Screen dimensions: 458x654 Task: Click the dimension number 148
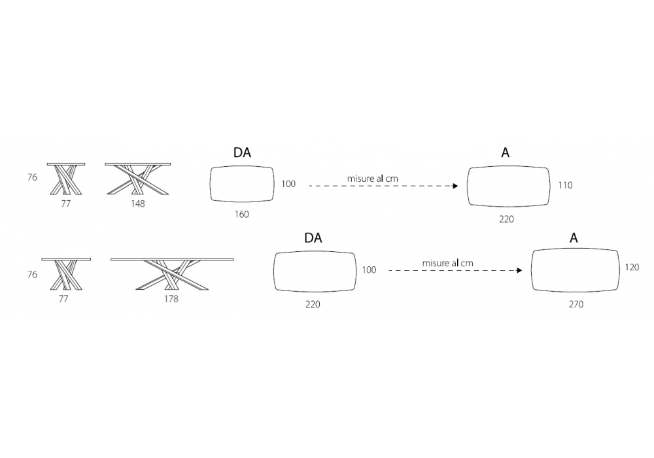pos(137,203)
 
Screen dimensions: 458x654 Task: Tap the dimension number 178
pos(171,299)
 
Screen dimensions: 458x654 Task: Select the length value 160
pos(241,215)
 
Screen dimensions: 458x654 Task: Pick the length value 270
pos(576,304)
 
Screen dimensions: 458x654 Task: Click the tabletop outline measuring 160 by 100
pos(241,185)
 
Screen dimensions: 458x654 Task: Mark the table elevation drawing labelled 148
pos(137,179)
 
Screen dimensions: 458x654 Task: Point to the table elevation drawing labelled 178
pos(171,274)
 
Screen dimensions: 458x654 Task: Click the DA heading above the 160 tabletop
pos(242,153)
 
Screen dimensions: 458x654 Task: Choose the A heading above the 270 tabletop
pos(574,238)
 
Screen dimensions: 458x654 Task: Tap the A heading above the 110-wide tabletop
pos(506,153)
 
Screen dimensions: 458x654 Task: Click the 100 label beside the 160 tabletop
pos(288,185)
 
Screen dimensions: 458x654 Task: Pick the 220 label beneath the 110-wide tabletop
pos(506,220)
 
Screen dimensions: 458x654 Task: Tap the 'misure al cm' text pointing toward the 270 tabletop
pos(448,262)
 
